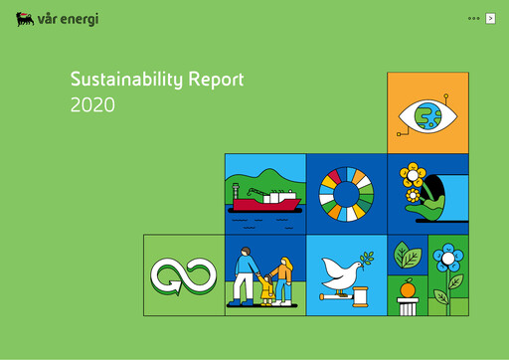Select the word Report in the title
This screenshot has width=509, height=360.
[x=209, y=80]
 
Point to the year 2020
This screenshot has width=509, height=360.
[x=92, y=103]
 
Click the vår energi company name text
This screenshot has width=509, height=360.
[x=69, y=19]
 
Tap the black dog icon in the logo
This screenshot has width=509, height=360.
[x=25, y=19]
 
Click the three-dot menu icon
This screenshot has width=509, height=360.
[x=472, y=19]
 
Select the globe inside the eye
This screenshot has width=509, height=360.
[x=429, y=116]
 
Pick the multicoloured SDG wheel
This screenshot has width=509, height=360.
[x=346, y=193]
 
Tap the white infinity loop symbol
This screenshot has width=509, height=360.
[x=184, y=274]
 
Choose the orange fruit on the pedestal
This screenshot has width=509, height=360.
[x=407, y=289]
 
